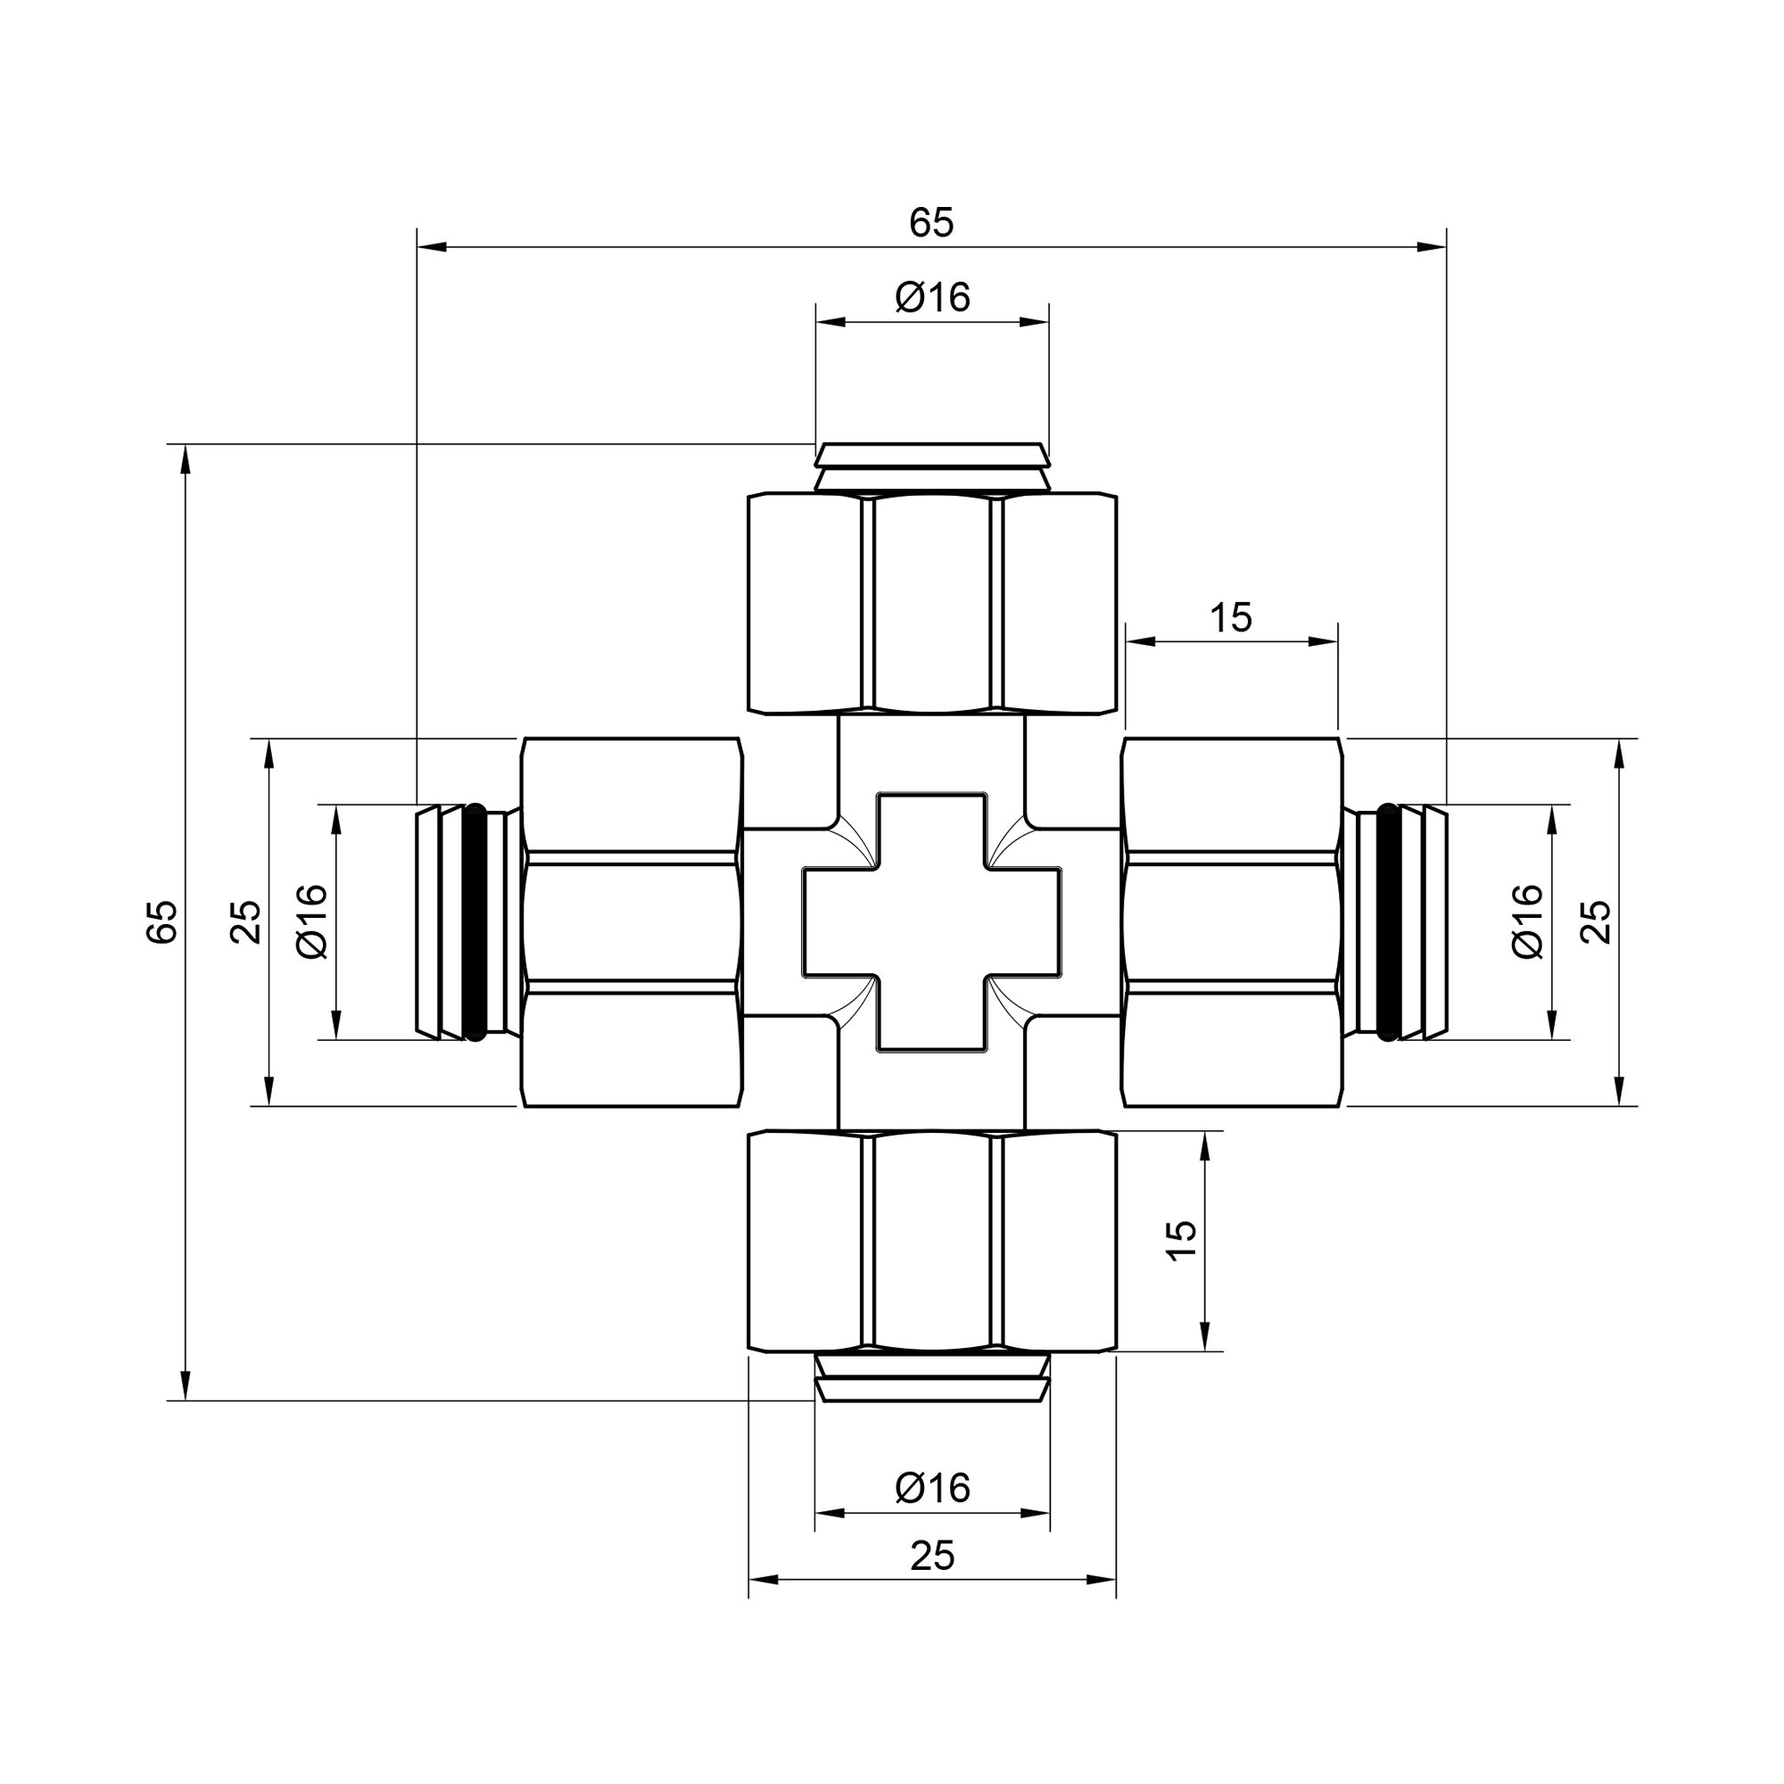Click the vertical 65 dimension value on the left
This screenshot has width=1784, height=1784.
[162, 921]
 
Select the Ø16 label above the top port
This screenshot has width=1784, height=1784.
[933, 298]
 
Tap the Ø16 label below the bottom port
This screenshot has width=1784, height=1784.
[933, 1488]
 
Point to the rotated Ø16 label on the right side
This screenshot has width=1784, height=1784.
[1528, 921]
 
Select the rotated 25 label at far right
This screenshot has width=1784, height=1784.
[1597, 921]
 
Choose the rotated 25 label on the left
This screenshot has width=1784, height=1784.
[245, 921]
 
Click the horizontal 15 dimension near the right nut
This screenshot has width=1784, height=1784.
[1231, 619]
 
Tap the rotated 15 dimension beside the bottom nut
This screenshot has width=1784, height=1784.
[1182, 1240]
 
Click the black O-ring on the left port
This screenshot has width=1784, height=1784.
[475, 922]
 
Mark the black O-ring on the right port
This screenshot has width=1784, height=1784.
[1388, 922]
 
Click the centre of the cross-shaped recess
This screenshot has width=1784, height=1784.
[932, 922]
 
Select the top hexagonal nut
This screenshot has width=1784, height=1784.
[932, 604]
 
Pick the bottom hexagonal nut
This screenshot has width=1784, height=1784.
[932, 1241]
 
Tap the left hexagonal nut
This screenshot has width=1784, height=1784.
[632, 922]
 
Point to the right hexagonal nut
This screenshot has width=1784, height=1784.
[1231, 922]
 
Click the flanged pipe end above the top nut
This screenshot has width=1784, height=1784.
[932, 467]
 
